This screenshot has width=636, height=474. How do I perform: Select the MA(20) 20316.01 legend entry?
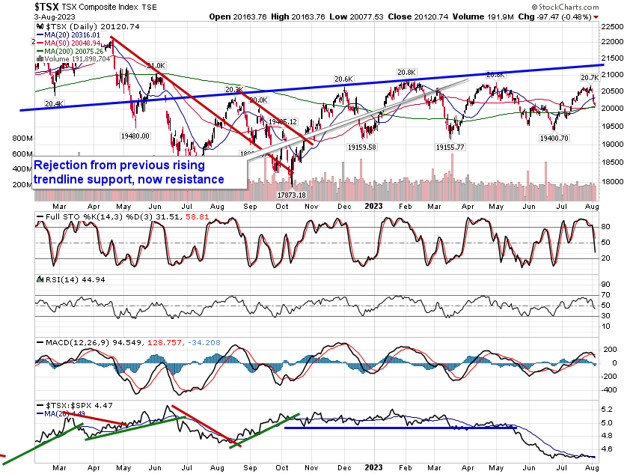coord(71,34)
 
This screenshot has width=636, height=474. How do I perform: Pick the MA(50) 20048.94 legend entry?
coord(71,42)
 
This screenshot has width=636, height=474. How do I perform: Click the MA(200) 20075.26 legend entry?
coord(73,50)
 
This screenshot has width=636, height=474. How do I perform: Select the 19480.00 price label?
coord(134,136)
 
